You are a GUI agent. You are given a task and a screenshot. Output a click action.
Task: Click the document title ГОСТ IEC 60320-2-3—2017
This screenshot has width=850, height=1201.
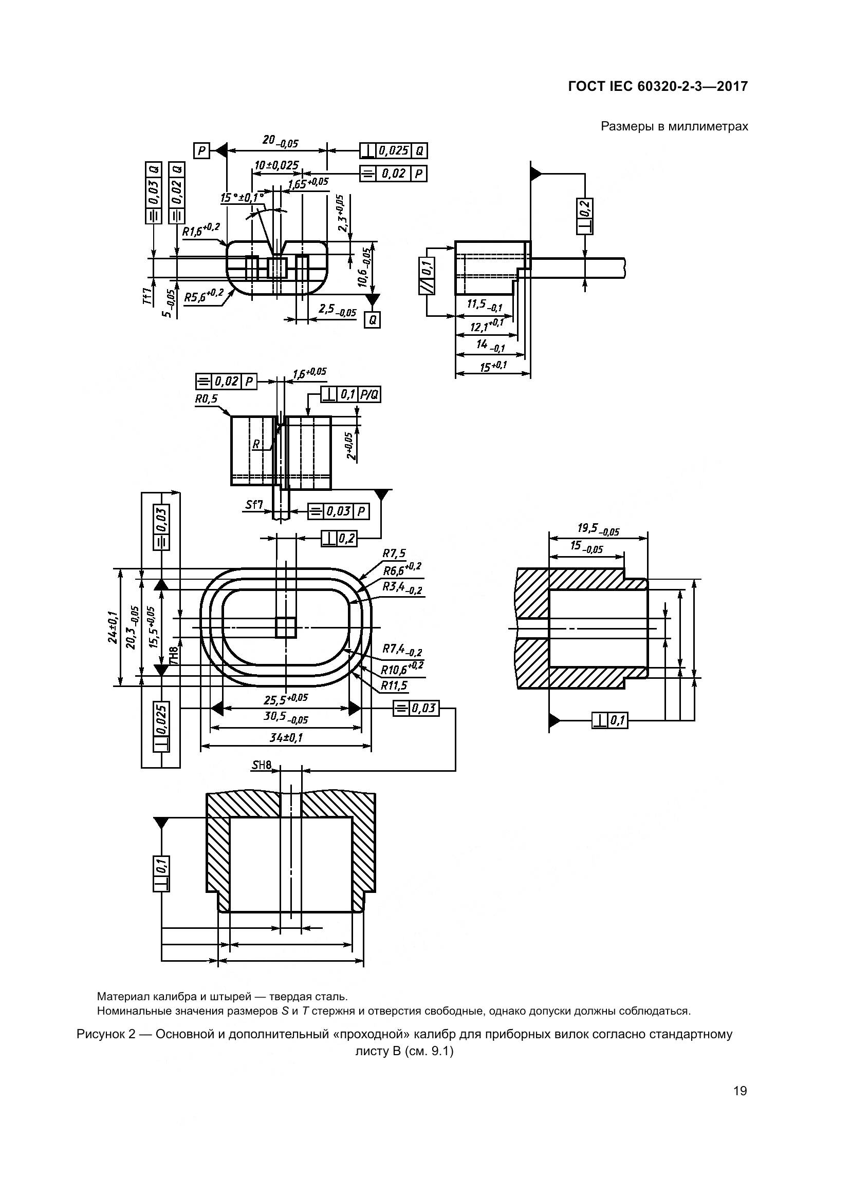click(x=657, y=86)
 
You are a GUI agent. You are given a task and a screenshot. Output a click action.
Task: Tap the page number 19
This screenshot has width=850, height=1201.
click(x=740, y=1091)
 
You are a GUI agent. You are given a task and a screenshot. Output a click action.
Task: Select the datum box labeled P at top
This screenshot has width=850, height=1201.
click(x=201, y=151)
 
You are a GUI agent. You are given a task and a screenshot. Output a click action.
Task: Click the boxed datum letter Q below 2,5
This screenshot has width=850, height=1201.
click(x=372, y=319)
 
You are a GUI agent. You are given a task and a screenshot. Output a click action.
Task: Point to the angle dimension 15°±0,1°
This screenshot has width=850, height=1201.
click(x=242, y=198)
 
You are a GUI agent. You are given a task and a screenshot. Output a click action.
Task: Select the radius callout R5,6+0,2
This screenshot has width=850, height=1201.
click(x=203, y=296)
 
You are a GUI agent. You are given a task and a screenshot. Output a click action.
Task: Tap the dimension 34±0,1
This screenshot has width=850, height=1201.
click(x=286, y=738)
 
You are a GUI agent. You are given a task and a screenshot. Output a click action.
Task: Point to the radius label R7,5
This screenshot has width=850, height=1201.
click(x=394, y=554)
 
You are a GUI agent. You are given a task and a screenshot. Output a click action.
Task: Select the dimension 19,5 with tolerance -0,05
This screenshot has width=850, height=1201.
click(x=598, y=530)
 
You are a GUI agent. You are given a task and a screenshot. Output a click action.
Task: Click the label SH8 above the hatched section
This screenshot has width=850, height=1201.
click(x=262, y=766)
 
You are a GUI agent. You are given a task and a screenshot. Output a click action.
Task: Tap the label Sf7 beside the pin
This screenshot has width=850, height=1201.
click(x=254, y=505)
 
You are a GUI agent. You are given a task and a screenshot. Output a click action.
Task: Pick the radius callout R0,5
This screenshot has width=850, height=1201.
click(x=206, y=399)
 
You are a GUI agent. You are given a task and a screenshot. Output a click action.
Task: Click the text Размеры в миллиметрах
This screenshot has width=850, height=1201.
click(x=674, y=126)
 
